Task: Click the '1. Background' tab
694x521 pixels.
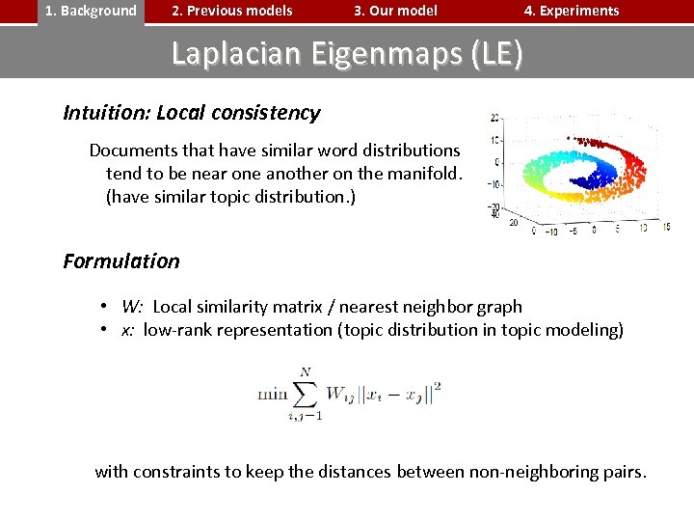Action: (92, 12)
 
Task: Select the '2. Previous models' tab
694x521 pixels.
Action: (231, 12)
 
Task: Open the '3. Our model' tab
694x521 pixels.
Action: (395, 12)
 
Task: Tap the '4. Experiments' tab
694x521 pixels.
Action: (572, 12)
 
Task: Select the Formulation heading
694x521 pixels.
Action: (121, 261)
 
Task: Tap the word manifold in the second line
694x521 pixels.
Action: (423, 174)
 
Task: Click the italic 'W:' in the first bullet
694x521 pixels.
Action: (132, 307)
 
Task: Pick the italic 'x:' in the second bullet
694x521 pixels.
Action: (127, 330)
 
